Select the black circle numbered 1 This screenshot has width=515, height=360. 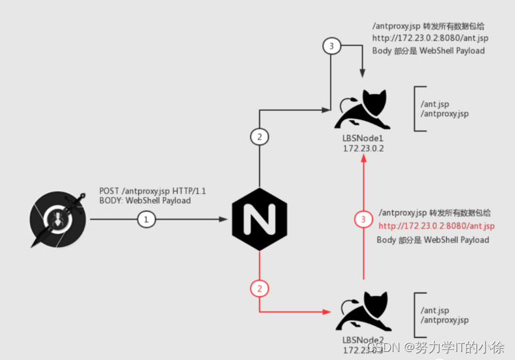pyautogui.click(x=147, y=219)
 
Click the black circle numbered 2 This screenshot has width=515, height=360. pyautogui.click(x=259, y=137)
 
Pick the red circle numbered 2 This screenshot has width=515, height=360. pyautogui.click(x=259, y=289)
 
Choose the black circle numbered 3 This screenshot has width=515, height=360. pyautogui.click(x=331, y=47)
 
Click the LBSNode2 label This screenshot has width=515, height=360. pyautogui.click(x=362, y=341)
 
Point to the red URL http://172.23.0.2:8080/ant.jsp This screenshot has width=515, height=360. pyautogui.click(x=437, y=226)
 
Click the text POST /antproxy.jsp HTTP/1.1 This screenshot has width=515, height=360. pyautogui.click(x=152, y=191)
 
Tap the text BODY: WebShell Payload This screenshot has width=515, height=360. pyautogui.click(x=145, y=200)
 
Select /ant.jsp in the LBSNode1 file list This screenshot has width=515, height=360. pyautogui.click(x=434, y=104)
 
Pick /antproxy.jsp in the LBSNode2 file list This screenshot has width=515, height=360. pyautogui.click(x=444, y=321)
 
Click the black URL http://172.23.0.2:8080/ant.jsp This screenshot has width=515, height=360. pyautogui.click(x=430, y=39)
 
